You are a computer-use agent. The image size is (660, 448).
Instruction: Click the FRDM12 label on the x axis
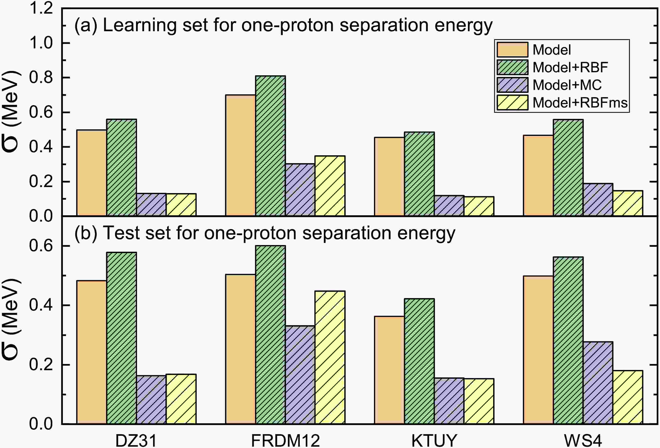point(285,440)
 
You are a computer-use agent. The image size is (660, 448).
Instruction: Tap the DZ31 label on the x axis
point(136,440)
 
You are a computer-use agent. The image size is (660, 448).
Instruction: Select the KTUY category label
point(434,440)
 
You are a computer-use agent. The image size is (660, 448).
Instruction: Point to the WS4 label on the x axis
point(583,440)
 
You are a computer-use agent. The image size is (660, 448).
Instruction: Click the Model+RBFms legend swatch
point(512,102)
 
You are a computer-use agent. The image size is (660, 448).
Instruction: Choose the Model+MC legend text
point(567,85)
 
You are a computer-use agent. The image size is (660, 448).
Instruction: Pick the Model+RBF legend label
point(570,67)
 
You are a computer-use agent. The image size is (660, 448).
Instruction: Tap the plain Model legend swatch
point(512,49)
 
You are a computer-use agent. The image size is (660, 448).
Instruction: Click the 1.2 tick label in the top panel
point(41,8)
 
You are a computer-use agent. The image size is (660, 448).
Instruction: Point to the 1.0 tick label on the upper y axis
point(41,43)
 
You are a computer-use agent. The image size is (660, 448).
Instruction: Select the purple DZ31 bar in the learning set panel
point(151,204)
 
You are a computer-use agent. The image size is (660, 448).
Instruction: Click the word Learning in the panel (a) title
point(140,25)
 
